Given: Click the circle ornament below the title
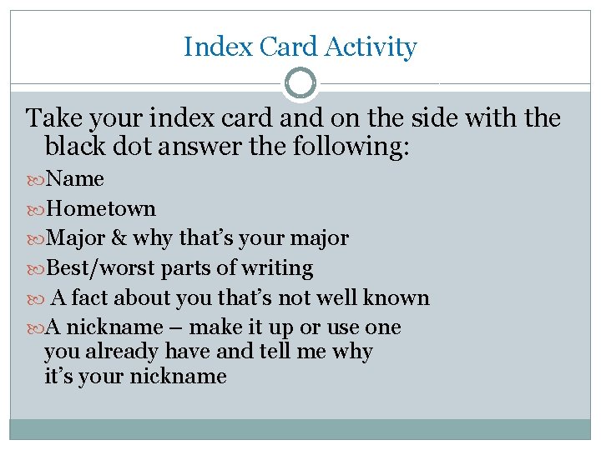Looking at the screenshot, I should (300, 83).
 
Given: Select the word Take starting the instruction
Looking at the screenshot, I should (53, 118).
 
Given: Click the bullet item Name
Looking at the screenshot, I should (75, 178).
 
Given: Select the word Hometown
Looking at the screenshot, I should (101, 208).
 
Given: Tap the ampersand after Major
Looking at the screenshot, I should (119, 238).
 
